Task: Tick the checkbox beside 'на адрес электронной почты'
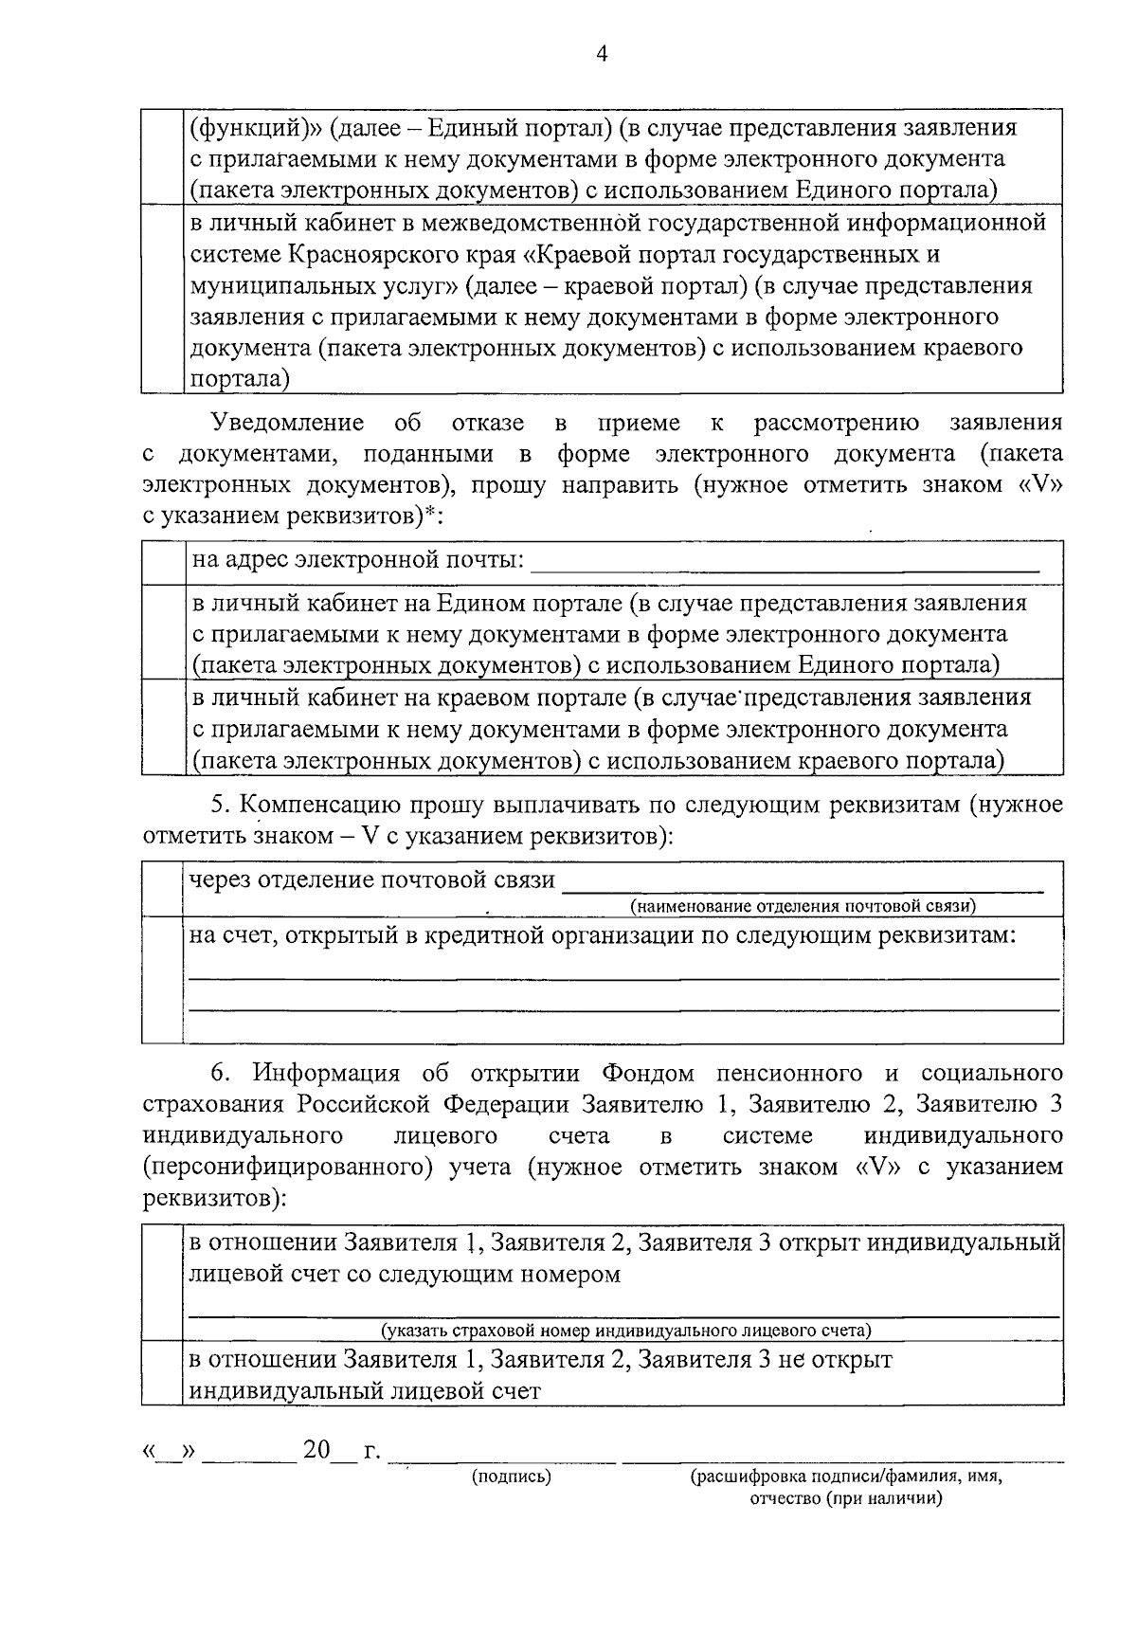(x=162, y=562)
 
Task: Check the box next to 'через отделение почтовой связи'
(x=162, y=888)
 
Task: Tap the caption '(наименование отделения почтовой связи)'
(x=803, y=906)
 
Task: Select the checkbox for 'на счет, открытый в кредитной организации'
(x=162, y=979)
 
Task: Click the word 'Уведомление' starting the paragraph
(x=288, y=423)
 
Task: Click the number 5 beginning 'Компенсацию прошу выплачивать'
(x=217, y=806)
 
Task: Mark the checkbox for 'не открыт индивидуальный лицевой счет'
(x=162, y=1374)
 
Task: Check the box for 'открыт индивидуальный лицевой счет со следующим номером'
(x=162, y=1282)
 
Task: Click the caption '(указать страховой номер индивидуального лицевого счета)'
(x=625, y=1330)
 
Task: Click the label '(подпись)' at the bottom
(x=512, y=1476)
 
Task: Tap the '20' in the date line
(x=316, y=1451)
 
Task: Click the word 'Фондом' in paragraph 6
(x=647, y=1074)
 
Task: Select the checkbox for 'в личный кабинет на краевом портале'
(x=162, y=728)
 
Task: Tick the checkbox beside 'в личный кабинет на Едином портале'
(x=162, y=632)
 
